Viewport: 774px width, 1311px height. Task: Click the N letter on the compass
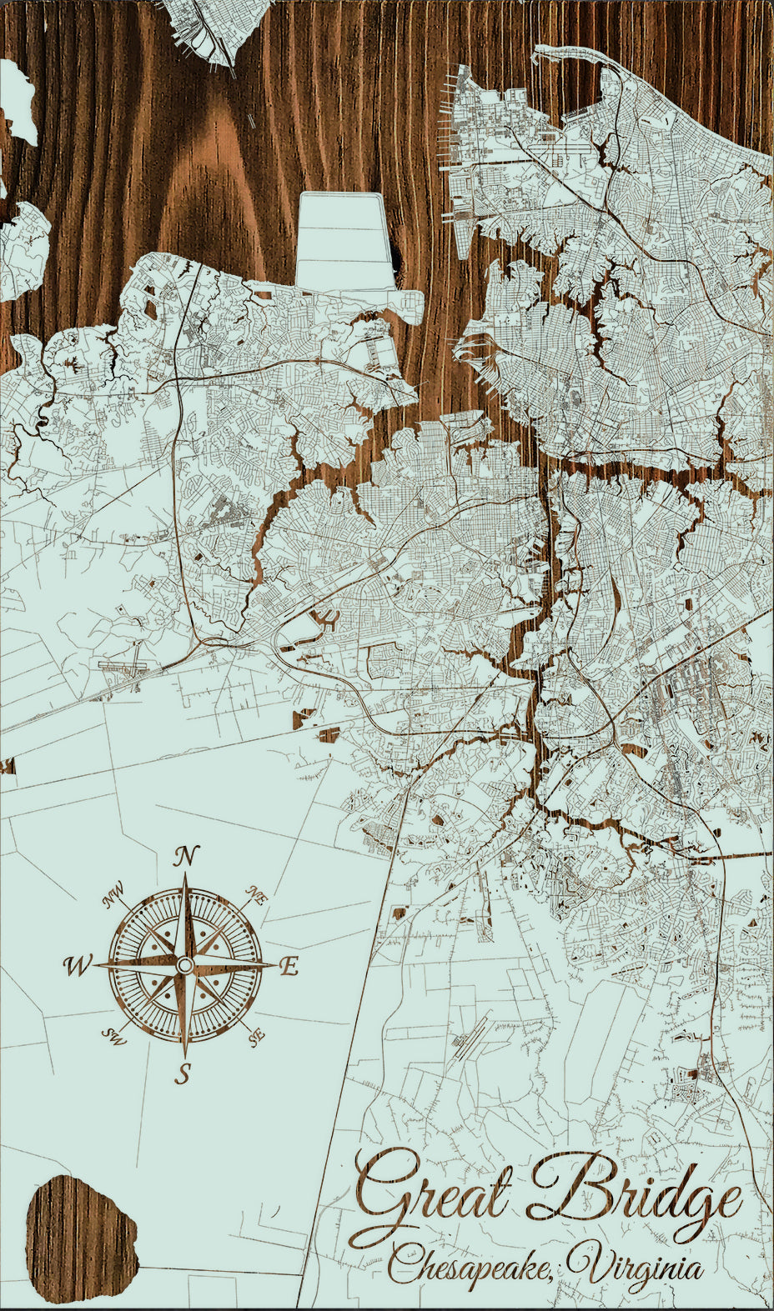tap(188, 856)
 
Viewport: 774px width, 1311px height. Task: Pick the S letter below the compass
tap(183, 1073)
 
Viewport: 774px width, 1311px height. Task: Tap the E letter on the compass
tap(289, 967)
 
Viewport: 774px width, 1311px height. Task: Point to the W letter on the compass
tap(77, 966)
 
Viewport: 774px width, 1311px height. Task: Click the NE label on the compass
tap(256, 897)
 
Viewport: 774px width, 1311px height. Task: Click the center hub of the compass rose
tap(184, 965)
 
